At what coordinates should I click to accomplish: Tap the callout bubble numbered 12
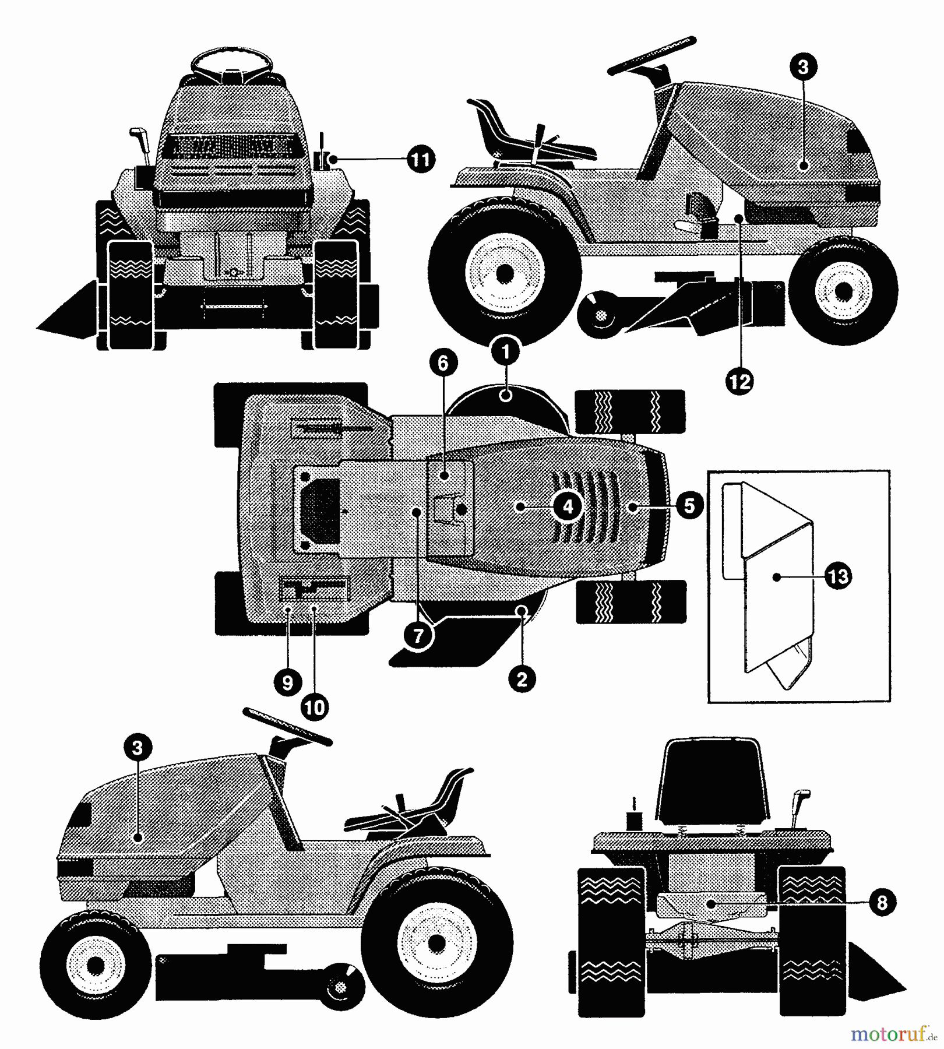pos(740,382)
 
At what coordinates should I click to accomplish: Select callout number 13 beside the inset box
pos(838,576)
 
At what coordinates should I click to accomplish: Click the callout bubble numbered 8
pos(881,903)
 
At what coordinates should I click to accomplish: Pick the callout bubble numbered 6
pos(443,363)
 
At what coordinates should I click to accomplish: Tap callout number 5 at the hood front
pos(689,505)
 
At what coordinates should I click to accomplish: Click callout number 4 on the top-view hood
pos(568,506)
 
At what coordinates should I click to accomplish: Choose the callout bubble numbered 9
pos(287,682)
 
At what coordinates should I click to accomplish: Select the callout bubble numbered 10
pos(315,707)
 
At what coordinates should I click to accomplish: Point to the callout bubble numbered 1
pos(505,351)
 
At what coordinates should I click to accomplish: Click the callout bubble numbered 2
pos(522,678)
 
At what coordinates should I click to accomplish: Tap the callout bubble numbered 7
pos(419,635)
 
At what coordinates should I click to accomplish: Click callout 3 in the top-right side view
pos(803,66)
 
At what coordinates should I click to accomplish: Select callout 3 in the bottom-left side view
pos(138,748)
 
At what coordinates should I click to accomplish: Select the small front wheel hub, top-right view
pos(841,290)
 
